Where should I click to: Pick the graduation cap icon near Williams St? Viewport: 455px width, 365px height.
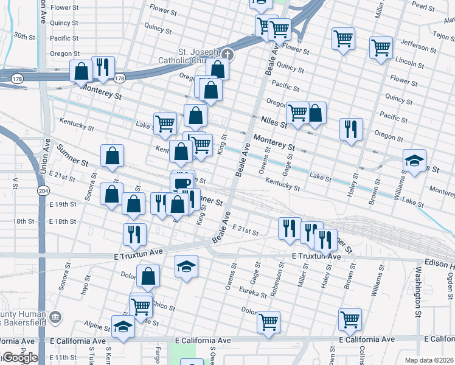[414, 161]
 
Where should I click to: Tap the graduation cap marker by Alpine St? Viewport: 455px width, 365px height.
[123, 327]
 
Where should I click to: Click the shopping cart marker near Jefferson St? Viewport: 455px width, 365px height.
[381, 48]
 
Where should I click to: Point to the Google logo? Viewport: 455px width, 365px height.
[19, 358]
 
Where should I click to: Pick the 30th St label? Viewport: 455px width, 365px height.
[25, 36]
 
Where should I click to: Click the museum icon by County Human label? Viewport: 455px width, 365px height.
[55, 316]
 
